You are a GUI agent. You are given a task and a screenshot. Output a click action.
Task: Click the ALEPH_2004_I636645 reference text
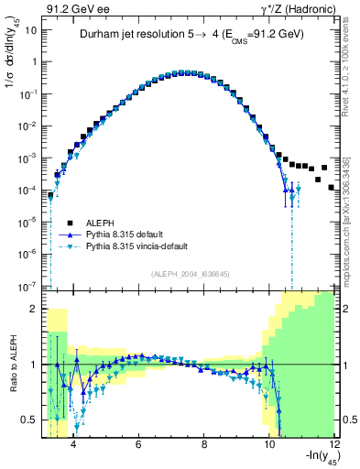tap(190, 272)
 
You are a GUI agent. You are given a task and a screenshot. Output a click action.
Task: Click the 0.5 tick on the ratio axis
tap(29, 420)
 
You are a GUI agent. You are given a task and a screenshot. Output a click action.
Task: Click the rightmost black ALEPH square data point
tap(332, 187)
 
